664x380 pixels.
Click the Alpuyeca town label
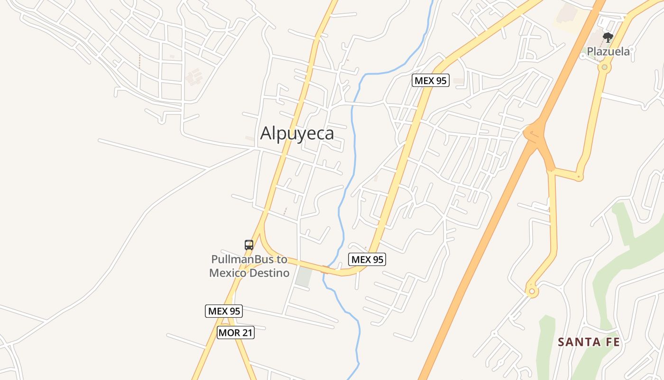pyautogui.click(x=297, y=133)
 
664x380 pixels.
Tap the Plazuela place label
pyautogui.click(x=608, y=51)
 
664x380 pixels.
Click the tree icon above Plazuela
pyautogui.click(x=608, y=38)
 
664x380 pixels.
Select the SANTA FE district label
pyautogui.click(x=589, y=342)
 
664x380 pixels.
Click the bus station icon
pyautogui.click(x=249, y=245)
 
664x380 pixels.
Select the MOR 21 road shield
pyautogui.click(x=236, y=332)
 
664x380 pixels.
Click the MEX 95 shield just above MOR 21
pyautogui.click(x=224, y=311)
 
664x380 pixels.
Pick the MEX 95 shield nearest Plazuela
pyautogui.click(x=430, y=80)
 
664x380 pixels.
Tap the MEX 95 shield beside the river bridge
pyautogui.click(x=367, y=259)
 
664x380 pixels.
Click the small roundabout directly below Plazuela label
pyautogui.click(x=604, y=67)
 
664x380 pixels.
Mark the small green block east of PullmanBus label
pyautogui.click(x=303, y=276)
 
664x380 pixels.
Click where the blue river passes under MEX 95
pyautogui.click(x=326, y=270)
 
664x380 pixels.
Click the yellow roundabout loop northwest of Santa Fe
pyautogui.click(x=532, y=291)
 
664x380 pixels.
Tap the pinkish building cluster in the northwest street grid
pyautogui.click(x=194, y=76)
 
